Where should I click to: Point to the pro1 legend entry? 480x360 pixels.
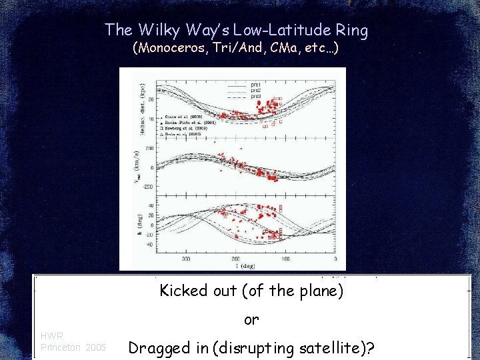255,85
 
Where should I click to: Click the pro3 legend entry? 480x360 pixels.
255,96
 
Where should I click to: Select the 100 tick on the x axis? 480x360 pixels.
285,259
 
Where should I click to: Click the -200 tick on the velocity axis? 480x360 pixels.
149,187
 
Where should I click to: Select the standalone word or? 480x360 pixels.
251,320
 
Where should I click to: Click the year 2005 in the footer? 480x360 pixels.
95,347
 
